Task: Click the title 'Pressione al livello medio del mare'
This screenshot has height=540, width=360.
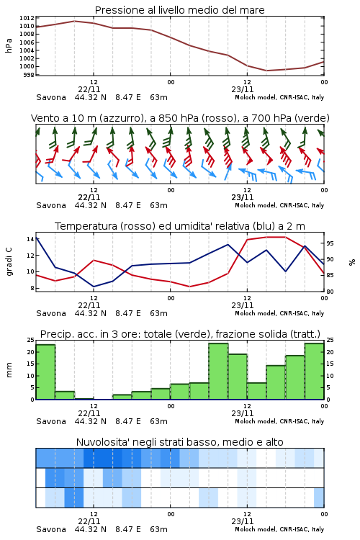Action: [179, 10]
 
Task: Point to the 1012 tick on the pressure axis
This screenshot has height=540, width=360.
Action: [27, 18]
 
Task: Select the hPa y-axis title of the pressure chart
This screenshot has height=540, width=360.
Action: [9, 45]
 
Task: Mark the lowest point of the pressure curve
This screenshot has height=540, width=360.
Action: [266, 71]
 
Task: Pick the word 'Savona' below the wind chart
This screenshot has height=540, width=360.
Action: [51, 206]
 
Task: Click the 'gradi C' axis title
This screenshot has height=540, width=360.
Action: [9, 261]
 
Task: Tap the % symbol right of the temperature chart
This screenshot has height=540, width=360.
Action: [352, 262]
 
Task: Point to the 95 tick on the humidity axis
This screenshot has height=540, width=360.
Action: [330, 243]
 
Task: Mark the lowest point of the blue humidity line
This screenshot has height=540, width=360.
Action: [94, 287]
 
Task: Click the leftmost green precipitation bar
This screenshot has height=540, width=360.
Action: [45, 372]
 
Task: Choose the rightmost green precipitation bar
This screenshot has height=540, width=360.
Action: [314, 372]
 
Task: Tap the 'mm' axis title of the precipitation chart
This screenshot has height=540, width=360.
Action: [9, 370]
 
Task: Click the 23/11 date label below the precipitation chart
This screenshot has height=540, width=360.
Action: [243, 413]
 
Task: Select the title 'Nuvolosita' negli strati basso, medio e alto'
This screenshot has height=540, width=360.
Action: [179, 442]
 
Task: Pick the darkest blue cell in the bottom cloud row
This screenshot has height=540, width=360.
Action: [74, 498]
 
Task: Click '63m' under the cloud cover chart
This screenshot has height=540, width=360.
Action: [159, 529]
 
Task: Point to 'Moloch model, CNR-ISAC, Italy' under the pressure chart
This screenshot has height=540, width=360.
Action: [279, 97]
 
